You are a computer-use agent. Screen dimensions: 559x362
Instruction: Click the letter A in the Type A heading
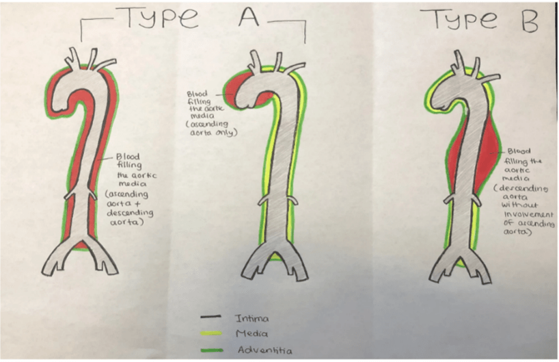(249, 16)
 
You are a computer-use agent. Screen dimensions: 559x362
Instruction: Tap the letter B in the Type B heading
(528, 21)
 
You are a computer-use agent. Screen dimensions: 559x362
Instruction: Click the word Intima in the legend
(251, 318)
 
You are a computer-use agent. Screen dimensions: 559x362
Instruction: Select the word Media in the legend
(251, 333)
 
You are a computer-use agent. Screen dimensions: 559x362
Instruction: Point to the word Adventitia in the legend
(265, 350)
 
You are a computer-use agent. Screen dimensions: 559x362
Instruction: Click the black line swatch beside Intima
(210, 316)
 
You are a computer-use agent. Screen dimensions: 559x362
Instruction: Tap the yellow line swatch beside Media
(211, 333)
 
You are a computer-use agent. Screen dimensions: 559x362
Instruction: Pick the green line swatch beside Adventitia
(212, 350)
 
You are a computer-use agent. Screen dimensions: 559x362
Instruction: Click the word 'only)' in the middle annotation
(228, 133)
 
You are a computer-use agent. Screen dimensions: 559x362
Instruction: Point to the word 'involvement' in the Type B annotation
(528, 214)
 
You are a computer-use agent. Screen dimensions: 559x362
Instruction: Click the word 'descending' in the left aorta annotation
(130, 213)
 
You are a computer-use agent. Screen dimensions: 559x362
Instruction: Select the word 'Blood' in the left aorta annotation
(128, 157)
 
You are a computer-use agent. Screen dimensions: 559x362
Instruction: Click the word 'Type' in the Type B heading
(458, 20)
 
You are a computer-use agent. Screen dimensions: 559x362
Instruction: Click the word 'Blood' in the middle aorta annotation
(197, 94)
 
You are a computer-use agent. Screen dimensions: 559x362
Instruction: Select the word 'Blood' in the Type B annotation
(519, 151)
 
